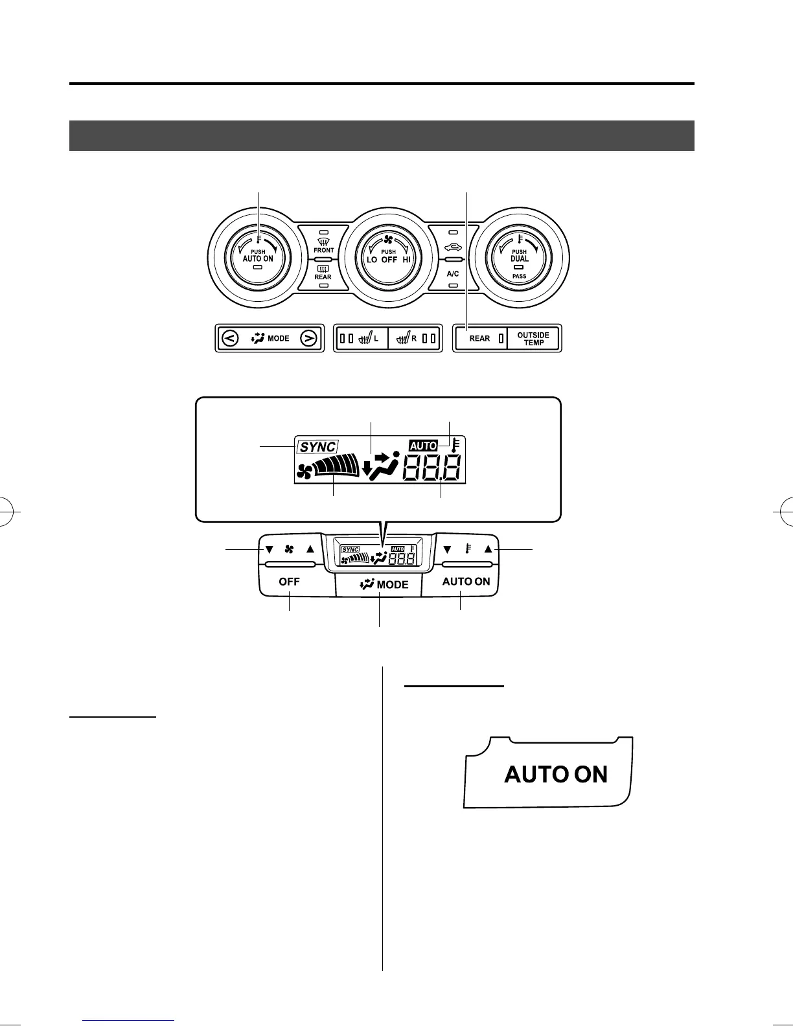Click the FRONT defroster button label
click(x=323, y=250)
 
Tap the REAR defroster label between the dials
click(x=323, y=277)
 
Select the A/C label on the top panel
click(x=453, y=274)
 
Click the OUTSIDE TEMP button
click(x=533, y=339)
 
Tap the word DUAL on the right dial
click(x=520, y=258)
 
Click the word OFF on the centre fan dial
click(x=389, y=259)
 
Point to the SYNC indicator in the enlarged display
click(x=317, y=447)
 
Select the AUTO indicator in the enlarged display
click(x=423, y=446)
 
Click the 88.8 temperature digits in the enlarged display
click(x=432, y=468)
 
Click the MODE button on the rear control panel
click(x=384, y=584)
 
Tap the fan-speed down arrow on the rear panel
click(x=269, y=549)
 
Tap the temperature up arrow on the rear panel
click(x=488, y=549)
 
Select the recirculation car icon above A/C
click(x=454, y=247)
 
